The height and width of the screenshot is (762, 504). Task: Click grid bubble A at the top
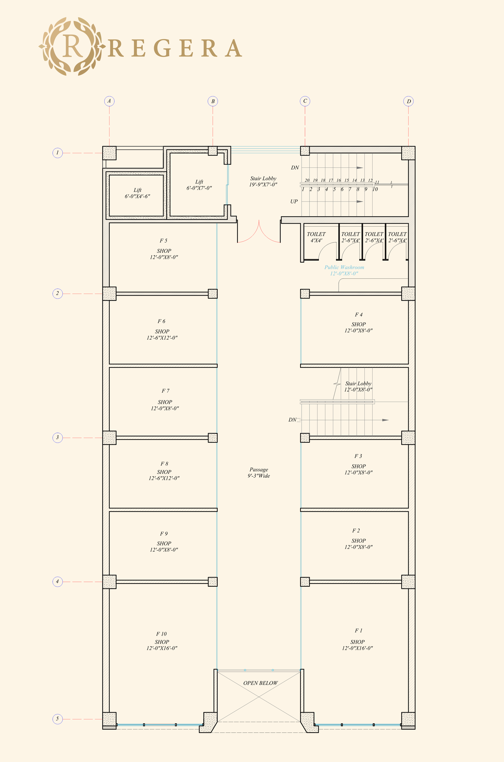tap(109, 101)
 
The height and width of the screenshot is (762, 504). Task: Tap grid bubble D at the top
tap(408, 101)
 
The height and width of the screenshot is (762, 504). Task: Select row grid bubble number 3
tap(57, 437)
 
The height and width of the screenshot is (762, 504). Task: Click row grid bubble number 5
tap(57, 719)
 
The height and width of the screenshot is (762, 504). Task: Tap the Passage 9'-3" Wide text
tap(259, 472)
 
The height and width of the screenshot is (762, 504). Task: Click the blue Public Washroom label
tap(344, 270)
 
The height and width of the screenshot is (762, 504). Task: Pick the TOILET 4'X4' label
tap(316, 237)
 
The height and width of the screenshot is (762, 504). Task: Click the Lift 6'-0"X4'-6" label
tap(137, 193)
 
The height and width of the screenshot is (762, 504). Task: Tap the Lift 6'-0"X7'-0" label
tap(199, 185)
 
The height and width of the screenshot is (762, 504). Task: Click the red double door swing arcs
tap(259, 233)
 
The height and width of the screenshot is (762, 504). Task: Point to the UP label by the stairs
tap(294, 201)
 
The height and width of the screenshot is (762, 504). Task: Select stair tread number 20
tap(307, 180)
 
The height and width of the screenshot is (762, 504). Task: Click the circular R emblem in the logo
tap(72, 46)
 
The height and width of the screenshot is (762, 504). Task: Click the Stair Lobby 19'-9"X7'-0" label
tap(263, 181)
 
